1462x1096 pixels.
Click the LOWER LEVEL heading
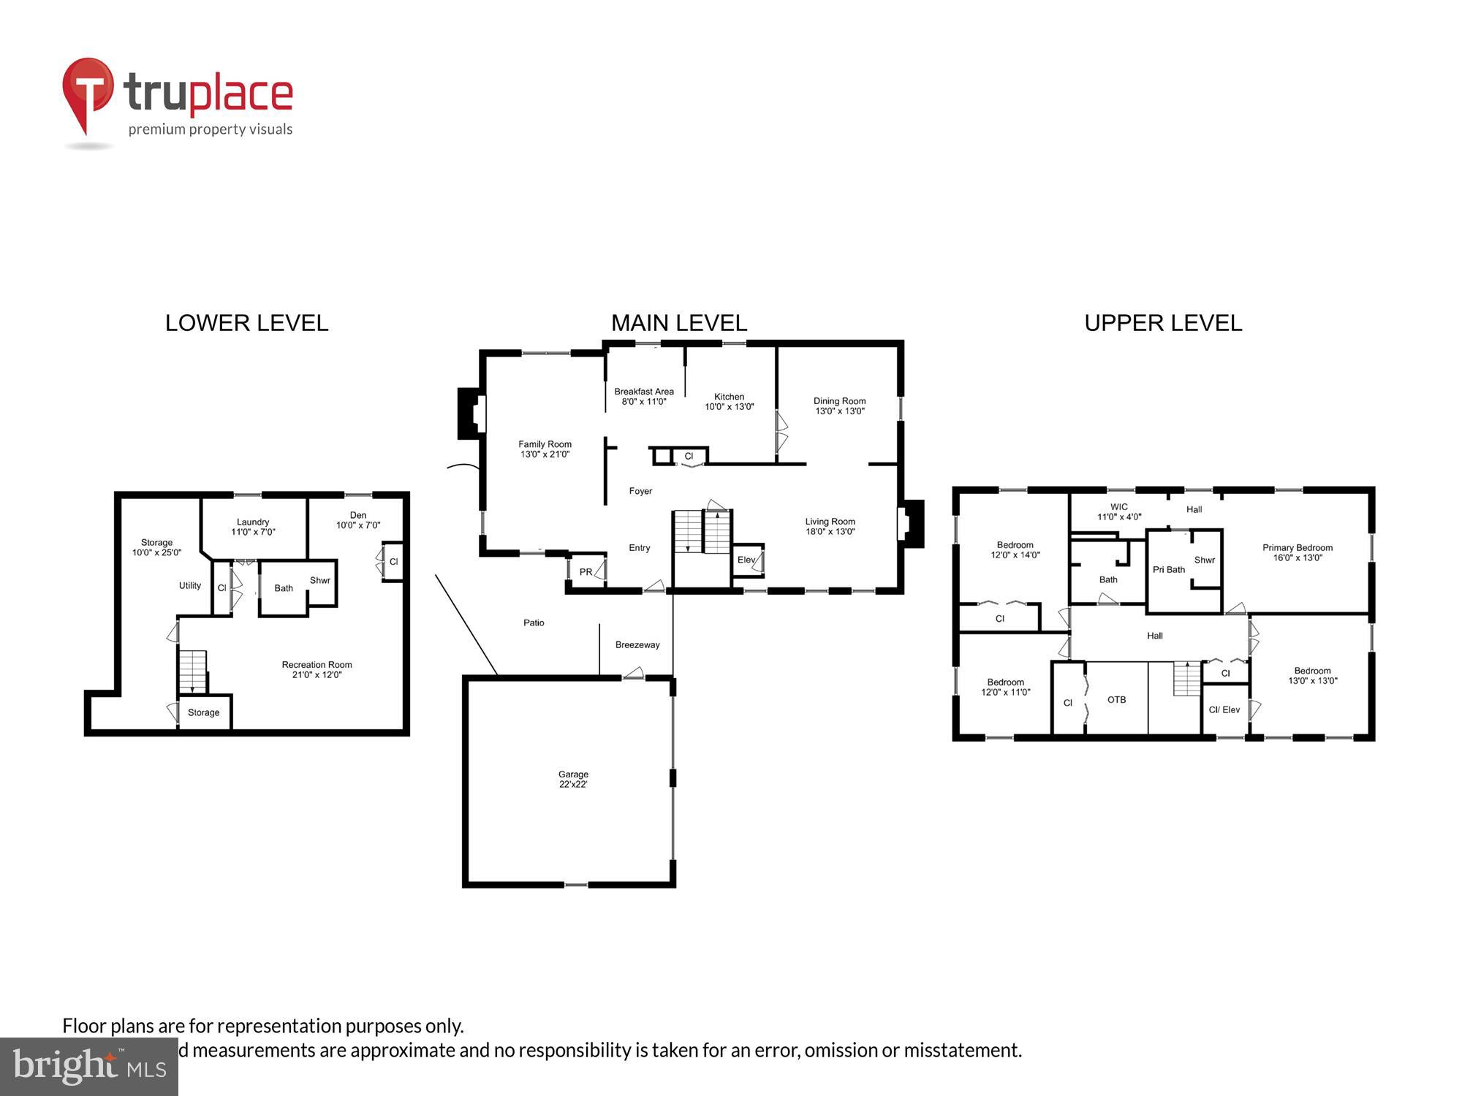(246, 323)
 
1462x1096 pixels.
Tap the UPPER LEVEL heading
(1162, 323)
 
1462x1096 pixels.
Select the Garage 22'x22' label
(573, 779)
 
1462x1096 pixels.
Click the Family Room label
(545, 444)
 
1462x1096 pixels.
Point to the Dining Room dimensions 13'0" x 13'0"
(839, 411)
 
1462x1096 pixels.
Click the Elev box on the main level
(746, 560)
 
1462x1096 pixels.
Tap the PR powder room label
(586, 572)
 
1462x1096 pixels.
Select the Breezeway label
(637, 644)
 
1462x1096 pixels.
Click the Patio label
(534, 623)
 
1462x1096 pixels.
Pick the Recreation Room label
(317, 665)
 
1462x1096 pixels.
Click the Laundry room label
(253, 522)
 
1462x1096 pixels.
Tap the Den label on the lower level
(357, 515)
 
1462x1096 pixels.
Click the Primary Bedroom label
(1297, 548)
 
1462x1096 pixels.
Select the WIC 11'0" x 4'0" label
(1118, 511)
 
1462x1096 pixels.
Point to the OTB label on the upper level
(1116, 700)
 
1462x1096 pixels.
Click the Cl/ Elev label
(1224, 709)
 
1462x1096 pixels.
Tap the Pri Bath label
(1168, 570)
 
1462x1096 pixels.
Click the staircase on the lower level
(193, 671)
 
